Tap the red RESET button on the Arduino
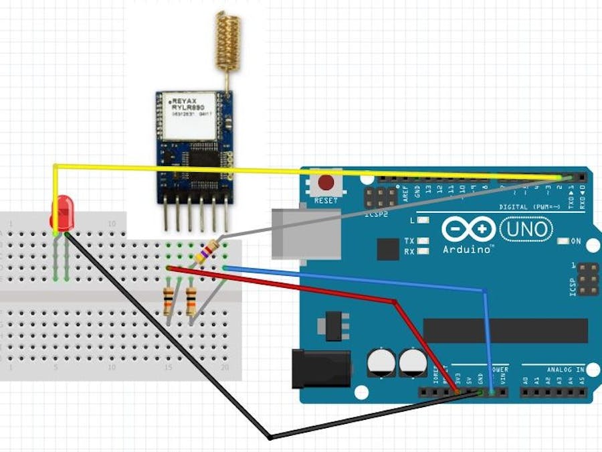[326, 182]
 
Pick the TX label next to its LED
[409, 240]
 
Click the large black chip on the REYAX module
[204, 158]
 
